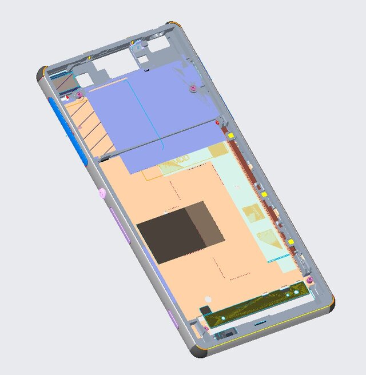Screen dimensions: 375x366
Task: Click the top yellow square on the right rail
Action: pyautogui.click(x=231, y=136)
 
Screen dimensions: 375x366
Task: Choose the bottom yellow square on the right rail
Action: pyautogui.click(x=291, y=242)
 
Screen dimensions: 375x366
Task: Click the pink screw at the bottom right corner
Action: pyautogui.click(x=309, y=280)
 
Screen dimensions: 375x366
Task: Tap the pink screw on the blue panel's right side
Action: pyautogui.click(x=194, y=88)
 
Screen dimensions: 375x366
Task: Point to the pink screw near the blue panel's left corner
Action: pyautogui.click(x=79, y=95)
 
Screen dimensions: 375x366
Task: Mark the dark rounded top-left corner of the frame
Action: pyautogui.click(x=41, y=74)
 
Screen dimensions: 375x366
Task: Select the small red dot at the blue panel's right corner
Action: pyautogui.click(x=218, y=123)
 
